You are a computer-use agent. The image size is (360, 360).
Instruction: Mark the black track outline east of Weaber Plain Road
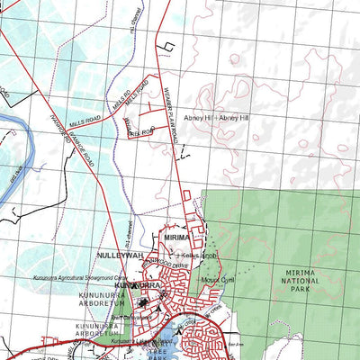click(165, 45)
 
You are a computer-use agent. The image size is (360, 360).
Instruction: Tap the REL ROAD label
click(141, 132)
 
